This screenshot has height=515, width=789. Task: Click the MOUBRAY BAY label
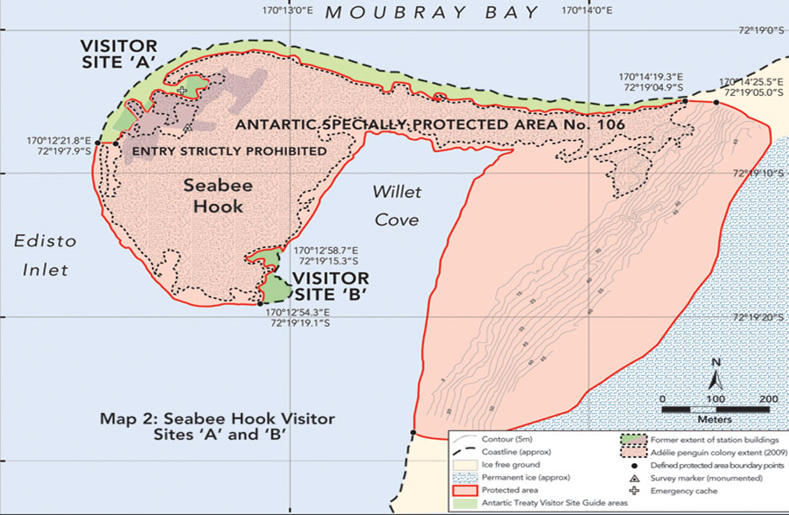tap(432, 12)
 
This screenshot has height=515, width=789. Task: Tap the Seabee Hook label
tap(213, 195)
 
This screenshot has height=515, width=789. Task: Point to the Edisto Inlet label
tap(45, 255)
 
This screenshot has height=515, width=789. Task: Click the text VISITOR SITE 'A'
tap(118, 54)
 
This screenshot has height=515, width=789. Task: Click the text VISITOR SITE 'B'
tap(331, 287)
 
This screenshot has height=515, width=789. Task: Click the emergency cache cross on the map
tap(182, 90)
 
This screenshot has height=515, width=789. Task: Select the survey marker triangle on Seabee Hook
tap(186, 129)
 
